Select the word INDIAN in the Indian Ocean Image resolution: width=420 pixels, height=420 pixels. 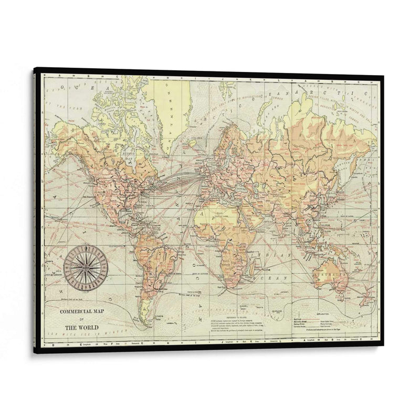pos(274,255)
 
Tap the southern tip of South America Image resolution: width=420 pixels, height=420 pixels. pos(141,321)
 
